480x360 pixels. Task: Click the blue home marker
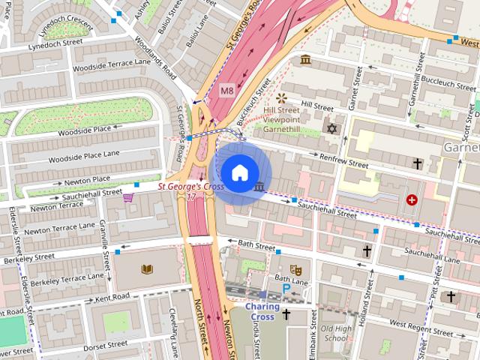pyautogui.click(x=238, y=172)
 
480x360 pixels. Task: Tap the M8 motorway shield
pyautogui.click(x=227, y=91)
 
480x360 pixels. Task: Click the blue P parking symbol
pyautogui.click(x=286, y=289)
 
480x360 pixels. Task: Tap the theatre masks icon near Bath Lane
pyautogui.click(x=296, y=267)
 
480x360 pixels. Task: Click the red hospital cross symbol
pyautogui.click(x=412, y=199)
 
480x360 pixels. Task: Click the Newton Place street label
pyautogui.click(x=87, y=179)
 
